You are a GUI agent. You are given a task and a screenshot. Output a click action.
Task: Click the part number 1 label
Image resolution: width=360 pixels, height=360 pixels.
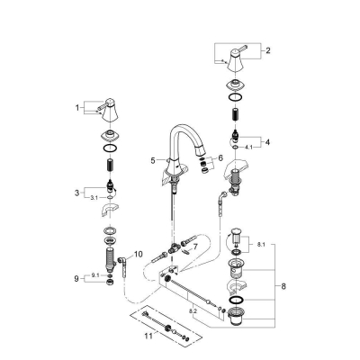point(77,107)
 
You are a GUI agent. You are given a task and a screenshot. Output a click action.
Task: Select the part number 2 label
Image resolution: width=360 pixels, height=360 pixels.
point(268,50)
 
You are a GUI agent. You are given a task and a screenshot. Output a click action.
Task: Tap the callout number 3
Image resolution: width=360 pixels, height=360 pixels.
point(77,193)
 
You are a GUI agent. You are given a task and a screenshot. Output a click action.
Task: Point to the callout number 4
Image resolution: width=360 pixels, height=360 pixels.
point(267,142)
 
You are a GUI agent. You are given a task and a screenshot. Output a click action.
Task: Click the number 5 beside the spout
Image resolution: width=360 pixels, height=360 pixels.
point(153,161)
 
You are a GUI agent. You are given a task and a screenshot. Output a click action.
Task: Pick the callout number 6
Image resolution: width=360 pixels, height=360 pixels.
point(220,157)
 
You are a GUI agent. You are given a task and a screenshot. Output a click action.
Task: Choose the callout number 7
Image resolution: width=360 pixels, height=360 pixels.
point(195,247)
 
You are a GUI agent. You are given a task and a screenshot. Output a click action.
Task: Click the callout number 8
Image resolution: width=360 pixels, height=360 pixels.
point(283,286)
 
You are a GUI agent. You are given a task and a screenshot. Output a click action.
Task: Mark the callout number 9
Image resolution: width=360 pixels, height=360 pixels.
point(76,279)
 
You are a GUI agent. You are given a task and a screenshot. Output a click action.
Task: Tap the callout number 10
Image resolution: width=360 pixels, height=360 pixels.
point(138,255)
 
